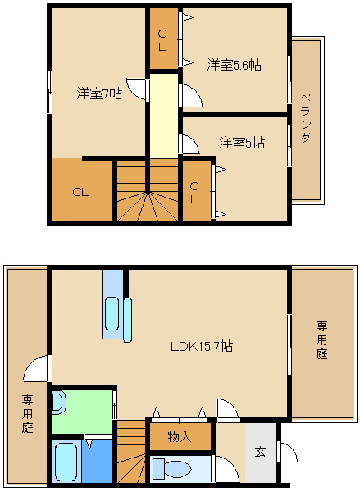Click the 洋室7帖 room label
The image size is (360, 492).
(99, 93)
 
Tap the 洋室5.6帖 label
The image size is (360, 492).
(234, 65)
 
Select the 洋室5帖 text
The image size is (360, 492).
(242, 143)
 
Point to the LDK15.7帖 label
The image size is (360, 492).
(202, 346)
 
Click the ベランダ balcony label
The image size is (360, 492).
(306, 118)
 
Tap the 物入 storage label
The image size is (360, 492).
(180, 436)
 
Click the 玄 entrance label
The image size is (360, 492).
(260, 452)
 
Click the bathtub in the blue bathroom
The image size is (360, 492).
(66, 462)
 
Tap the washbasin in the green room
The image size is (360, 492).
(59, 403)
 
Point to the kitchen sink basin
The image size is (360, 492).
(112, 313)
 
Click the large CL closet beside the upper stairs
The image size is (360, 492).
(82, 190)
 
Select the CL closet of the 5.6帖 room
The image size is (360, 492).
(164, 39)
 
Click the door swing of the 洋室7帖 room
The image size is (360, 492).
(136, 89)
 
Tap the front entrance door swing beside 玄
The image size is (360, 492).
(288, 452)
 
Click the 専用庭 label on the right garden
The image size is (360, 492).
(321, 340)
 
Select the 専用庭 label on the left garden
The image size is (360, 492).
(27, 414)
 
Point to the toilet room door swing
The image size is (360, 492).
(226, 469)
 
